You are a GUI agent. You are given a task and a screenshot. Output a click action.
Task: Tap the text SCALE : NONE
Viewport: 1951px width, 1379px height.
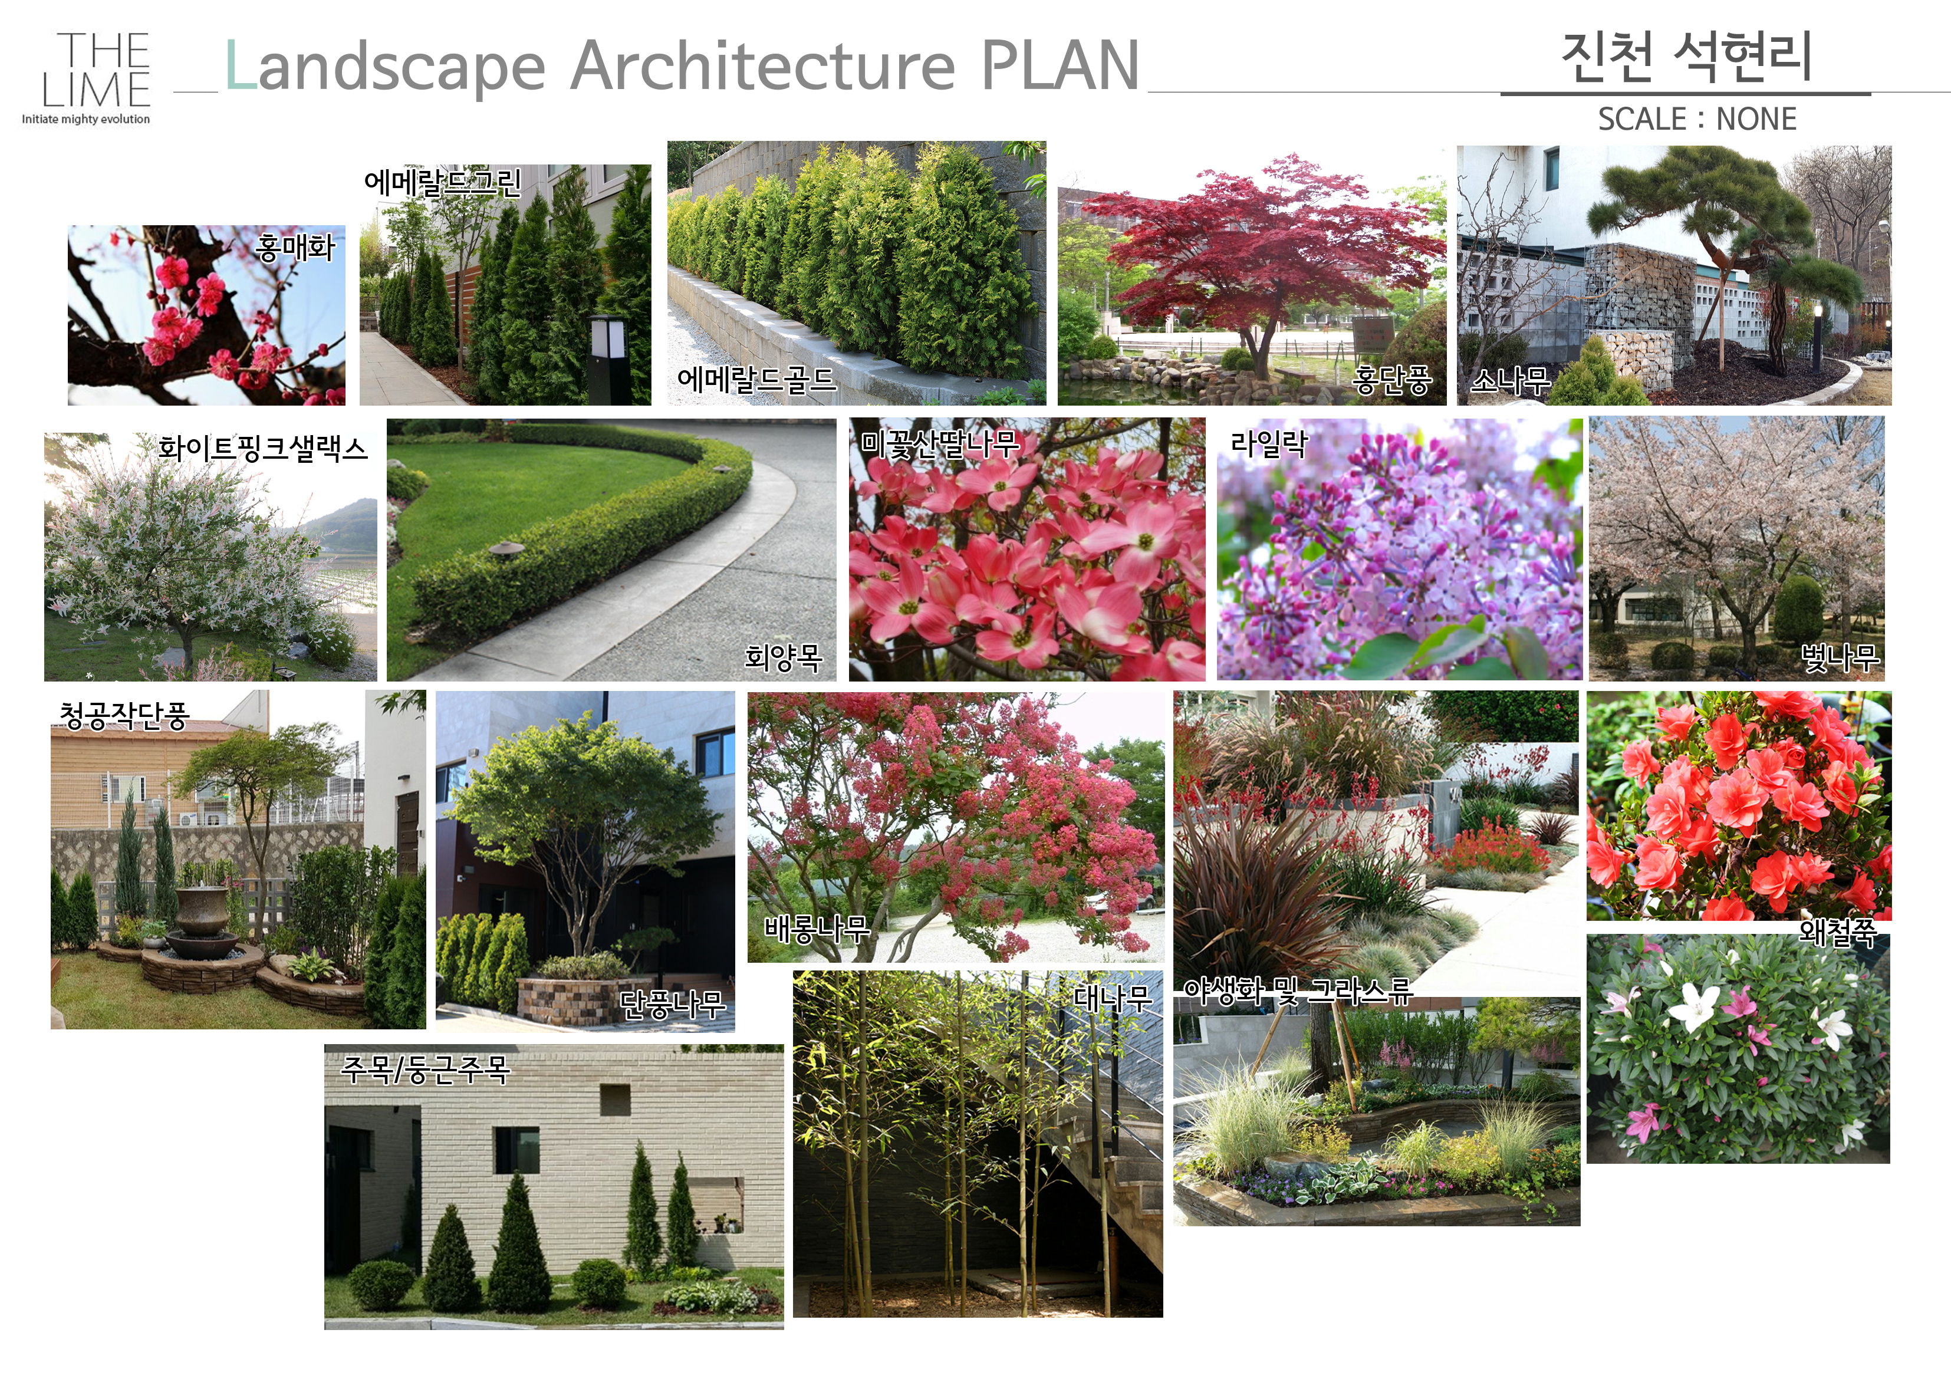point(1697,119)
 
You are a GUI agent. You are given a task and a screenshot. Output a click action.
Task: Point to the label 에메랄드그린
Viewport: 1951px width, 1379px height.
point(442,182)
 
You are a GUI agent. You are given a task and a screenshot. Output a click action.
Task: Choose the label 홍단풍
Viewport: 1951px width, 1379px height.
point(1393,380)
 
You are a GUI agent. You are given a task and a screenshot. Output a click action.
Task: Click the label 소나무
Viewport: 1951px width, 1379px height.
point(1510,380)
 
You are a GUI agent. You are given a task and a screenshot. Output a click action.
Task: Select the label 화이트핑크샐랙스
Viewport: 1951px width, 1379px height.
point(262,447)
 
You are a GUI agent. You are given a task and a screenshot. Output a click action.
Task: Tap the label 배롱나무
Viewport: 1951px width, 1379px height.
point(817,929)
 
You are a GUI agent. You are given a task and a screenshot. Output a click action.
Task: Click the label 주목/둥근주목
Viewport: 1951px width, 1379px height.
point(425,1069)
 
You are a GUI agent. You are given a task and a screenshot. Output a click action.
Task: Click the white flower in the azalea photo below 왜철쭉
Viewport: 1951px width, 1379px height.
point(1693,1008)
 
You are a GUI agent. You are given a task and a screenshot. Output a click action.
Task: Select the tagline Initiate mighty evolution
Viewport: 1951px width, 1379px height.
point(86,119)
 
